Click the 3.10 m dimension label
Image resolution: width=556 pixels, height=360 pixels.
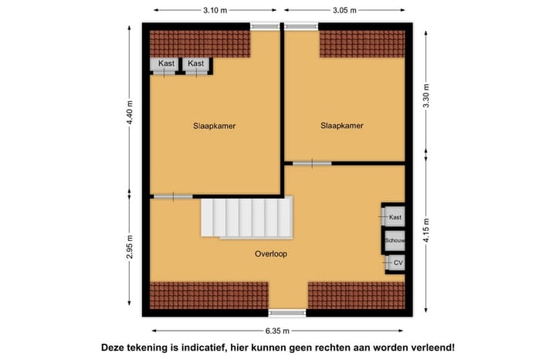pyautogui.click(x=215, y=10)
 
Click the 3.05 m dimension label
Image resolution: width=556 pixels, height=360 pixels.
pyautogui.click(x=344, y=10)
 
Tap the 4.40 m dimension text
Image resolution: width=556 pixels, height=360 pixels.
pyautogui.click(x=130, y=112)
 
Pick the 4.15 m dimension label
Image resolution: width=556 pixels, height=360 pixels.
pyautogui.click(x=425, y=231)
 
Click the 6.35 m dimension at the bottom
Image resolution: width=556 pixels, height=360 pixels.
pyautogui.click(x=277, y=331)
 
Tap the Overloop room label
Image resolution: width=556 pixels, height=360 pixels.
pyautogui.click(x=271, y=253)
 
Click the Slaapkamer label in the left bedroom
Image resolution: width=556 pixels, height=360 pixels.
pyautogui.click(x=214, y=125)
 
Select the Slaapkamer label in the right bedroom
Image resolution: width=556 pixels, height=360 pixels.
pyautogui.click(x=342, y=125)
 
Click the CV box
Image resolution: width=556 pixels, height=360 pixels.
pyautogui.click(x=397, y=263)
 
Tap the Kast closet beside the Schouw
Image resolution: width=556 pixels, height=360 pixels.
pyautogui.click(x=395, y=217)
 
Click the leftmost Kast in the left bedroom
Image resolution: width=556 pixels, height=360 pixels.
pyautogui.click(x=165, y=64)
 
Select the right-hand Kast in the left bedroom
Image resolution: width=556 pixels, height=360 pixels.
pyautogui.click(x=196, y=64)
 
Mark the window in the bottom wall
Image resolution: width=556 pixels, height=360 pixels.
pyautogui.click(x=286, y=313)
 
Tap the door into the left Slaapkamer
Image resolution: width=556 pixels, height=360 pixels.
pyautogui.click(x=173, y=197)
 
